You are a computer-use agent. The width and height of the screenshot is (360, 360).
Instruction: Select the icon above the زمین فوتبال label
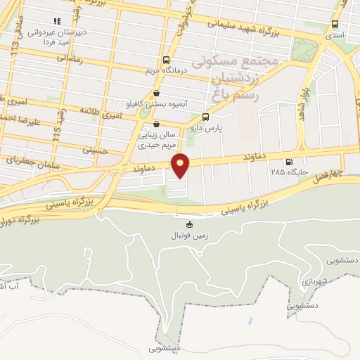[x=188, y=225]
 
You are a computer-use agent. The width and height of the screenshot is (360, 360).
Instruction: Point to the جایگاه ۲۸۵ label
[x=290, y=170]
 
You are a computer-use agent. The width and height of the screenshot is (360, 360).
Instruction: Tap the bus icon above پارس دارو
[x=205, y=117]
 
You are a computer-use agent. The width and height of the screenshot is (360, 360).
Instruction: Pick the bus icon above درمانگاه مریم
[x=166, y=60]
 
